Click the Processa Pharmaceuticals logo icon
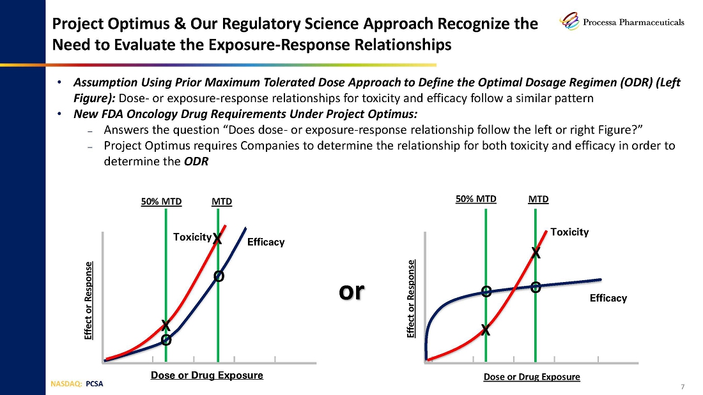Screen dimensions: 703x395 tap(569, 20)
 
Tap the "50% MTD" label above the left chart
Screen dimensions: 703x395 tap(162, 202)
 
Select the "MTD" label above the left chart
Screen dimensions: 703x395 tap(222, 202)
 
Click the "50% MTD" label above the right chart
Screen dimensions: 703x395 tap(476, 199)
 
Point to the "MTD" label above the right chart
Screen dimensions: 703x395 tap(539, 199)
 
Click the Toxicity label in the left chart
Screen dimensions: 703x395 tap(192, 237)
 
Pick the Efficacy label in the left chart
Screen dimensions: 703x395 tap(266, 242)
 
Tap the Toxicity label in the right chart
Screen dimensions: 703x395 tap(569, 232)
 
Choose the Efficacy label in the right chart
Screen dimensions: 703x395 tap(608, 298)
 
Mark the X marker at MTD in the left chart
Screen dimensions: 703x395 tap(217, 239)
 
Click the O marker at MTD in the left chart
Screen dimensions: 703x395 tap(219, 276)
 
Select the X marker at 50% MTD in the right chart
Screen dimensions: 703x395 tap(486, 331)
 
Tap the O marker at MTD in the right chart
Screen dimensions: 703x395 tap(536, 288)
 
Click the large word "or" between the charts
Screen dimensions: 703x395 tap(351, 292)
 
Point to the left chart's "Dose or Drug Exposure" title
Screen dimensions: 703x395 tap(206, 375)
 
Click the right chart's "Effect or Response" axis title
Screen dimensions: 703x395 tap(411, 299)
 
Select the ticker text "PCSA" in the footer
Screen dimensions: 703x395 tap(94, 384)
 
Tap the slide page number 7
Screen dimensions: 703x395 tap(683, 387)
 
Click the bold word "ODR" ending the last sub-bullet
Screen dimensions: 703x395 tap(196, 161)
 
